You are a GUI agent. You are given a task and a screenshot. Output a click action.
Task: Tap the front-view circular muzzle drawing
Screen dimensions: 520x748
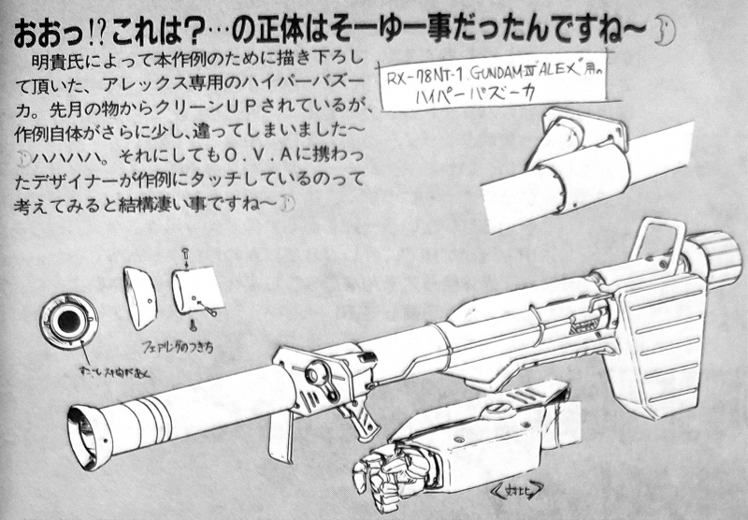(x=66, y=323)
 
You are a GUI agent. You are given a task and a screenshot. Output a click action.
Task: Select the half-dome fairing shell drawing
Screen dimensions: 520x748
(x=140, y=296)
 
